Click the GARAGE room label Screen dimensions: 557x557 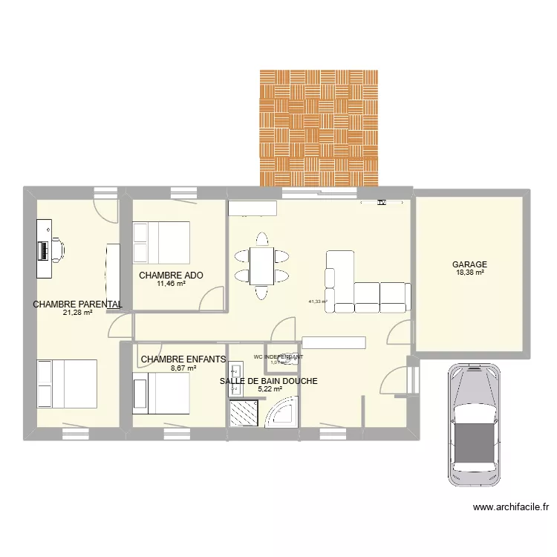(469, 264)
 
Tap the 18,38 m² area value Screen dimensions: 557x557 (469, 273)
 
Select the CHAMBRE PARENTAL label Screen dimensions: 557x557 (77, 304)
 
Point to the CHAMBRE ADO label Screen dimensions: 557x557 (171, 275)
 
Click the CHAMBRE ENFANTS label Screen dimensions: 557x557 (183, 359)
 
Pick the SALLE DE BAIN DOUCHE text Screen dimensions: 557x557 (268, 381)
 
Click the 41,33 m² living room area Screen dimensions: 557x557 (318, 302)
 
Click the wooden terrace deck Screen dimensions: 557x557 (319, 128)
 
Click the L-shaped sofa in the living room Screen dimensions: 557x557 (367, 286)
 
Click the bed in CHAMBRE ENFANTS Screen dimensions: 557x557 (161, 392)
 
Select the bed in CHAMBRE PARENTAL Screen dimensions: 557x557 (68, 384)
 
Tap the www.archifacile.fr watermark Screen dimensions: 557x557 (510, 508)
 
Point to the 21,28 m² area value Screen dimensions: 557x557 (77, 313)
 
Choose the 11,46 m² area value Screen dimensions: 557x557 (171, 284)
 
